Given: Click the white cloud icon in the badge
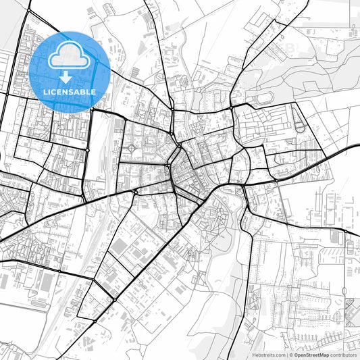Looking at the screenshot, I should (x=70, y=55).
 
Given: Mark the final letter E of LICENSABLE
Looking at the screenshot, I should (x=93, y=91).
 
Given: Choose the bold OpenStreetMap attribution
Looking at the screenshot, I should (x=311, y=355).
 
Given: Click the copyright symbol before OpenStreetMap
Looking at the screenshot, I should (x=291, y=355).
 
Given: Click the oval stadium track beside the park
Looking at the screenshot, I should (x=264, y=99).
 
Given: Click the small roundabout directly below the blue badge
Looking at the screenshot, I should (x=87, y=149).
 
